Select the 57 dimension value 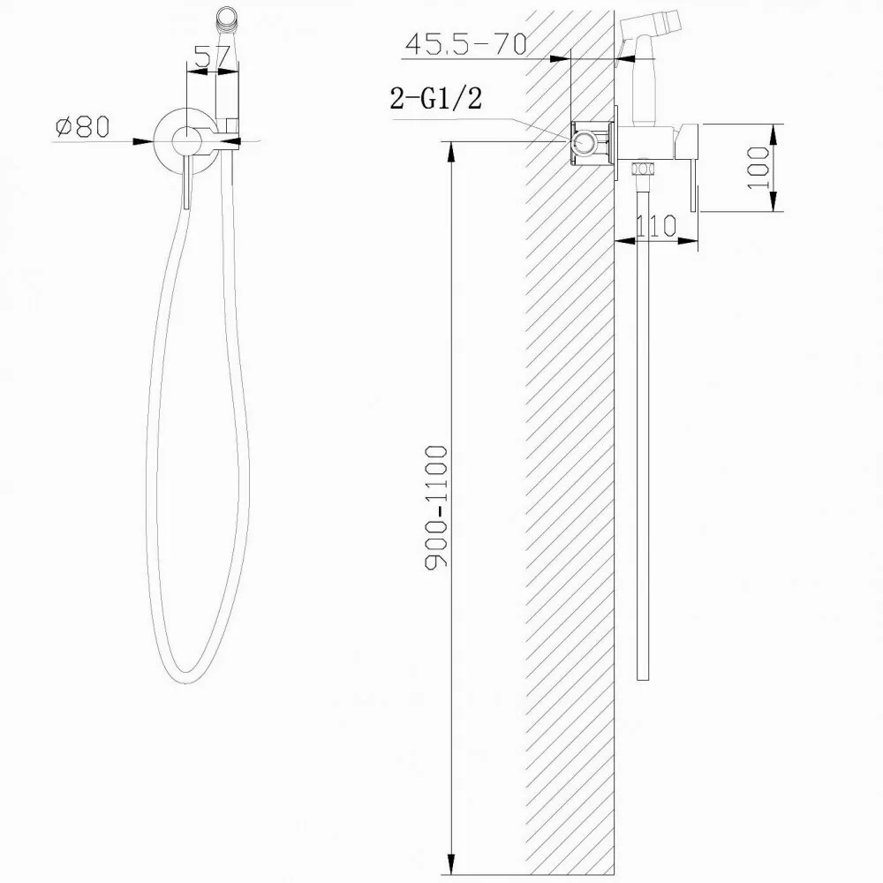213,57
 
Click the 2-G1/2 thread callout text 436,99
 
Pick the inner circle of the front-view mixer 186,140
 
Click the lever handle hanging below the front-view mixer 186,185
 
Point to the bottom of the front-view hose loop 187,679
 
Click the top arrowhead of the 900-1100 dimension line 452,148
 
